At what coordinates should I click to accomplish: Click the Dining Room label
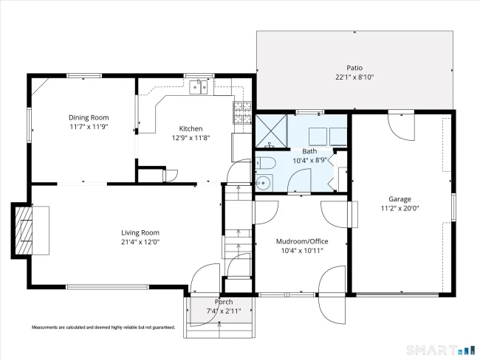pyautogui.click(x=89, y=117)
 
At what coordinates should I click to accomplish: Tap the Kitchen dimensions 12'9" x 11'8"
pyautogui.click(x=191, y=138)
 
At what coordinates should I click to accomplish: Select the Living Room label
pyautogui.click(x=140, y=233)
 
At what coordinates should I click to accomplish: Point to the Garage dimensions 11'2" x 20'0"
pyautogui.click(x=400, y=208)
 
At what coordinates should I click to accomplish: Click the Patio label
pyautogui.click(x=354, y=68)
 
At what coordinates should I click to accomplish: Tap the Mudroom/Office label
pyautogui.click(x=302, y=242)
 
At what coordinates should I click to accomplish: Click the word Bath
pyautogui.click(x=309, y=151)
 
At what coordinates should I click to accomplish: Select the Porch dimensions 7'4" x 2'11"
pyautogui.click(x=224, y=311)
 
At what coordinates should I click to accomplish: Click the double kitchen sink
pyautogui.click(x=199, y=87)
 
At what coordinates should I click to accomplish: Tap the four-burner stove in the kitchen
pyautogui.click(x=242, y=113)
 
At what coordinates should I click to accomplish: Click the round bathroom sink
pyautogui.click(x=262, y=183)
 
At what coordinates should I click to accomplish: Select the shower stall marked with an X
pyautogui.click(x=271, y=131)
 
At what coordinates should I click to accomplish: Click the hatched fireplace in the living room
pyautogui.click(x=24, y=230)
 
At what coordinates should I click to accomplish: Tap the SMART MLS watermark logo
pyautogui.click(x=441, y=350)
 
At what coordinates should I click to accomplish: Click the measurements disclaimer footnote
pyautogui.click(x=103, y=328)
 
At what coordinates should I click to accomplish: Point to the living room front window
pyautogui.click(x=108, y=287)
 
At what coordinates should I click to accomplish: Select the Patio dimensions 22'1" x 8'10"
pyautogui.click(x=354, y=77)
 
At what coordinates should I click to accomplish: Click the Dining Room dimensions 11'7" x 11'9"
pyautogui.click(x=89, y=127)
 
